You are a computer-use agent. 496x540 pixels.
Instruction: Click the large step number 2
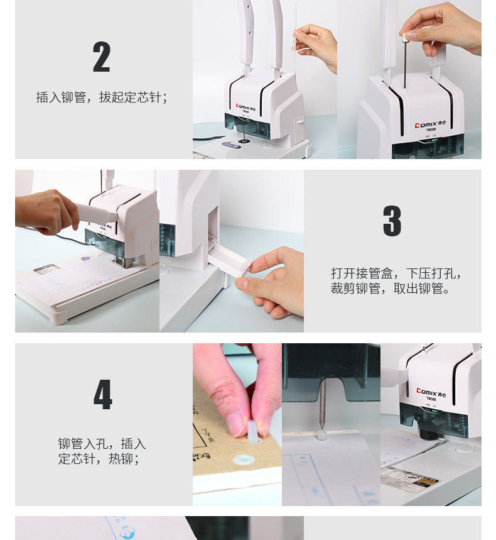click(x=102, y=57)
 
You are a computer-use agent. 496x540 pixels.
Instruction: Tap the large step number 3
click(x=392, y=221)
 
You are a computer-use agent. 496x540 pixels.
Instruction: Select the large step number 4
click(x=103, y=395)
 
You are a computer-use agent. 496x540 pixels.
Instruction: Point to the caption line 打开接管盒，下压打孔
click(x=396, y=273)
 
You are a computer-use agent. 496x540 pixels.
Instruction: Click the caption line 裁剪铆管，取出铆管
click(x=391, y=289)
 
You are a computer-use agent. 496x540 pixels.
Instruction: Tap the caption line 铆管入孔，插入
click(x=102, y=444)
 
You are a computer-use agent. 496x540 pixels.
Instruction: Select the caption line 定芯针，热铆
click(x=99, y=459)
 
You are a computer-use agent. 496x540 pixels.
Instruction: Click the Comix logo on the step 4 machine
click(x=431, y=393)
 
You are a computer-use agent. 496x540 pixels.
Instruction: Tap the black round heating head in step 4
click(x=428, y=433)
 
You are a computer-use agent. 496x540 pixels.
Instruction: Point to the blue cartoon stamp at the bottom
click(x=127, y=531)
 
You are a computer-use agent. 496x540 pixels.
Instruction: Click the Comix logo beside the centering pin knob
click(x=430, y=124)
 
